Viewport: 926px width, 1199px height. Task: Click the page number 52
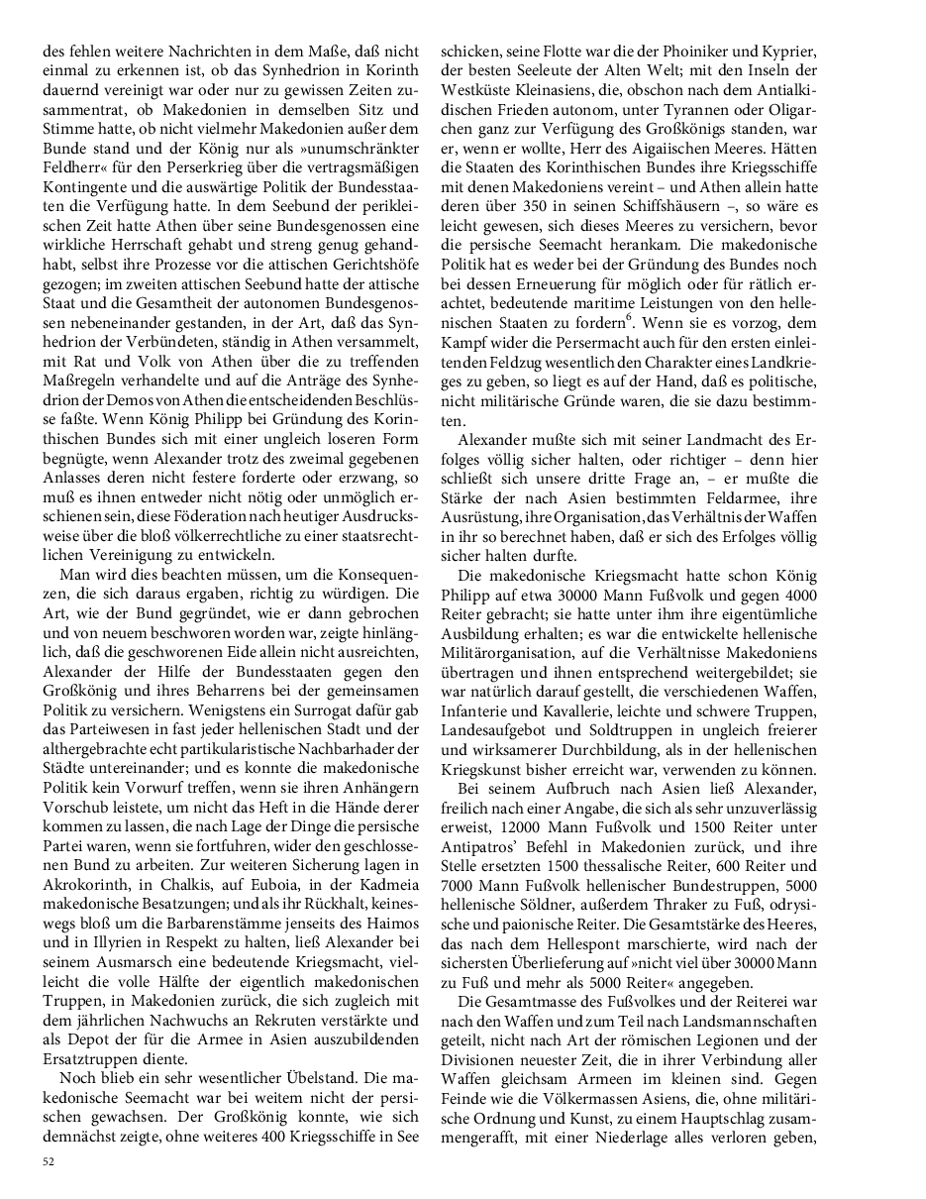click(x=48, y=1160)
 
